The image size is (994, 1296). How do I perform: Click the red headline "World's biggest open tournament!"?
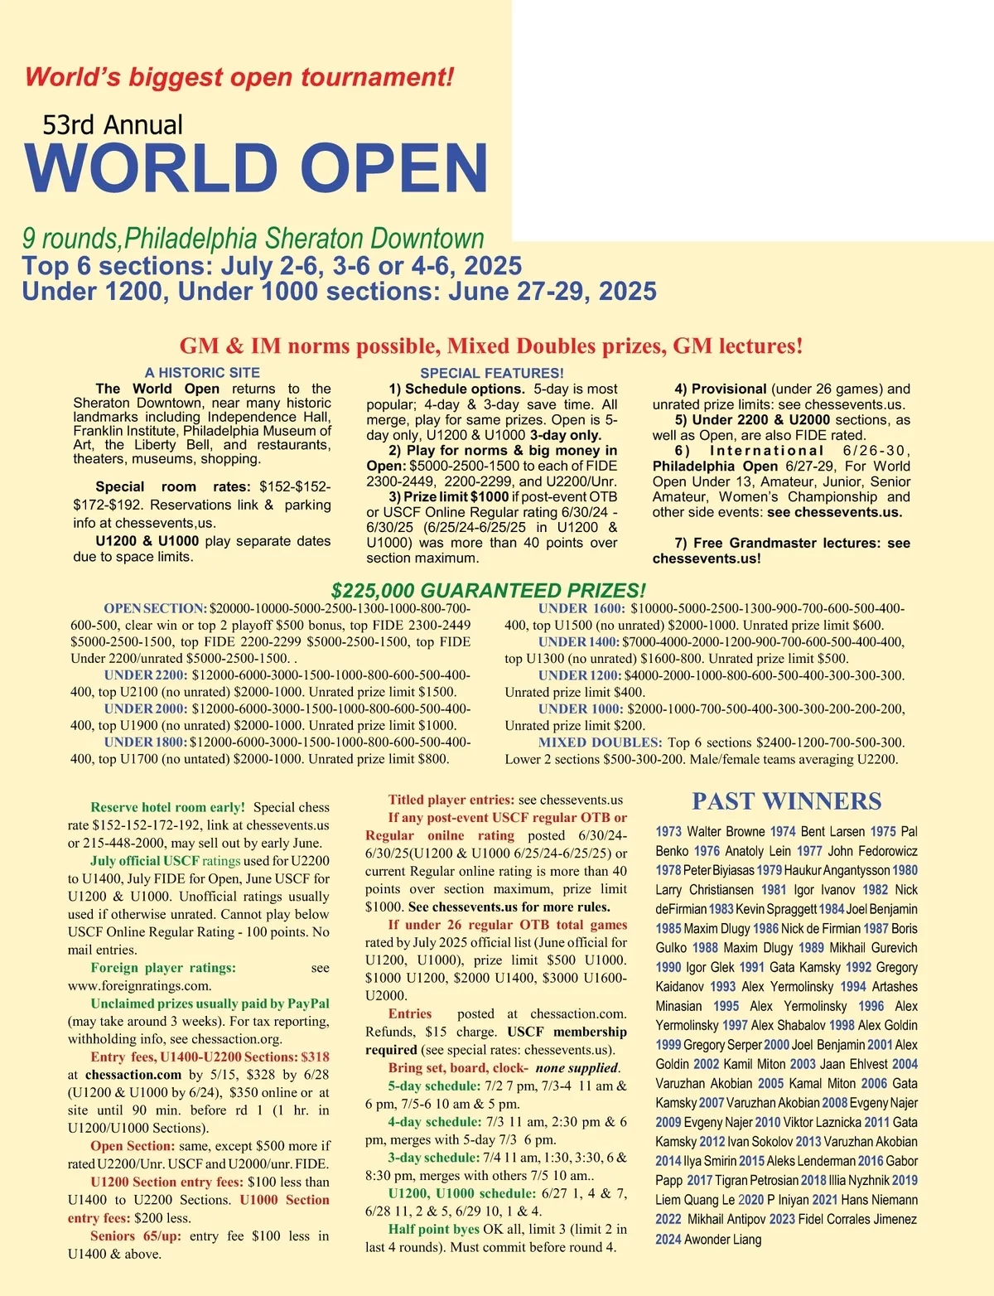(239, 77)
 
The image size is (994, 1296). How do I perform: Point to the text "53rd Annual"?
(113, 125)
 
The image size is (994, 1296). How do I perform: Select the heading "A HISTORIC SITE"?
(202, 373)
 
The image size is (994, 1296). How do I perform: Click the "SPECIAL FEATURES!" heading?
(492, 373)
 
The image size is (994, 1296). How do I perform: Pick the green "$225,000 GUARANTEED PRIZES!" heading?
(488, 591)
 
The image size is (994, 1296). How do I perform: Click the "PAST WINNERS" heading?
(786, 801)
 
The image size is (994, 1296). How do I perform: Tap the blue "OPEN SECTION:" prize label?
(155, 608)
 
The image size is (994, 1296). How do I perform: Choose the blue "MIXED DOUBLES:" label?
(600, 742)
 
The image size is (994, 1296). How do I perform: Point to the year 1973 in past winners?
(668, 832)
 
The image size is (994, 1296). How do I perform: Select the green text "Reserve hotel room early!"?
(167, 807)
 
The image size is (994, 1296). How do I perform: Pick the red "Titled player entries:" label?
(451, 800)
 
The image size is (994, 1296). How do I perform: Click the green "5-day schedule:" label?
(434, 1086)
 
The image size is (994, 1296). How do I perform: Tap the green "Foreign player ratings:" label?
(163, 968)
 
